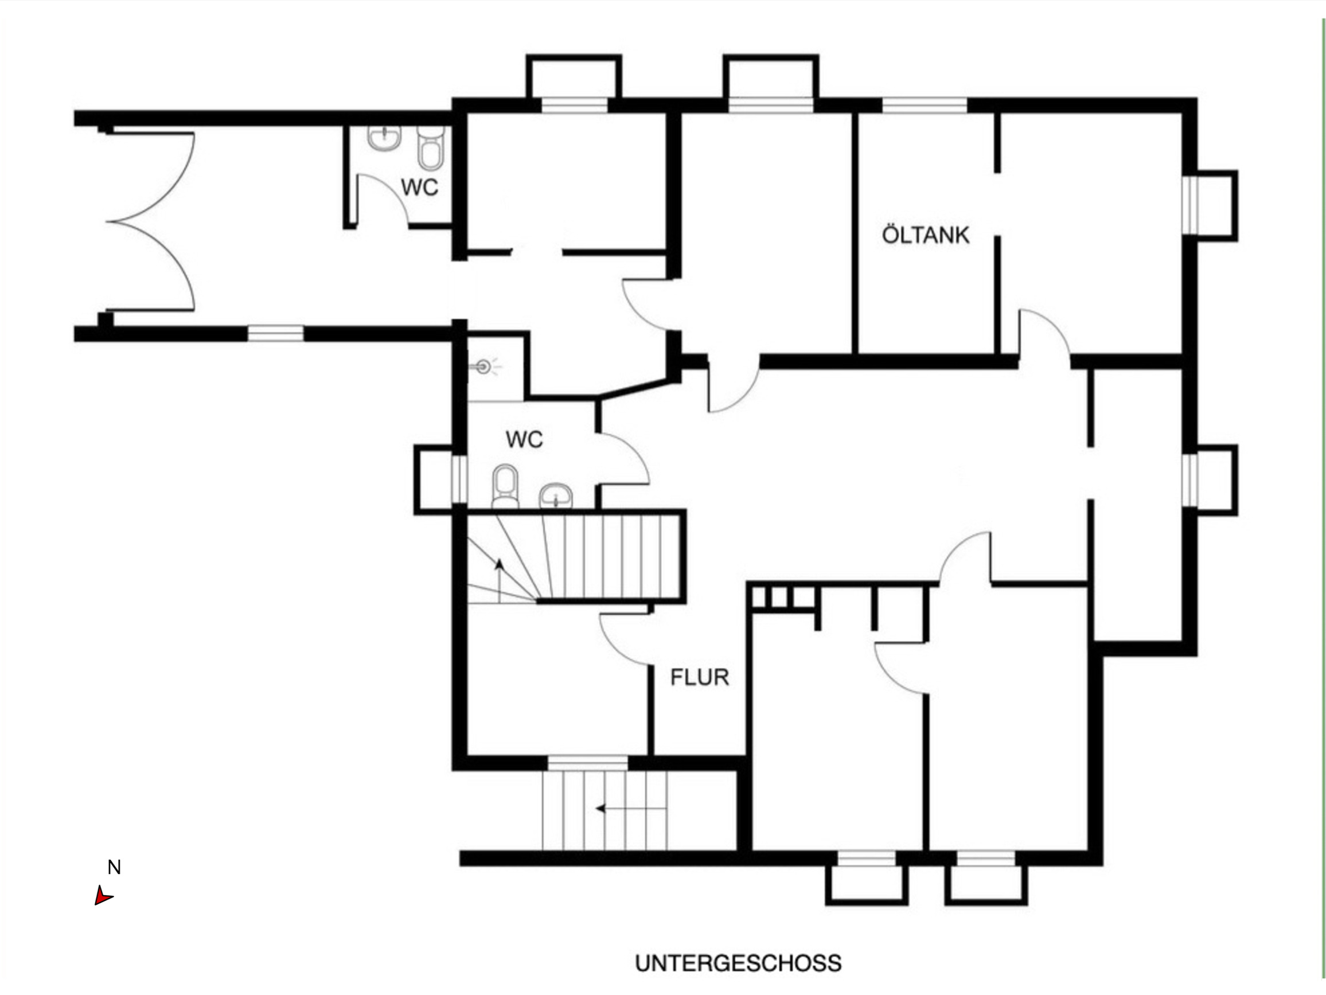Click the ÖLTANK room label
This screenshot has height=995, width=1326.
pyautogui.click(x=926, y=235)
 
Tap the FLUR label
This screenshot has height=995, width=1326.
pyautogui.click(x=700, y=677)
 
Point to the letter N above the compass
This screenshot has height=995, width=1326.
pyautogui.click(x=114, y=867)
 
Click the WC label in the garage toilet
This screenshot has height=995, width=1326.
pyautogui.click(x=420, y=188)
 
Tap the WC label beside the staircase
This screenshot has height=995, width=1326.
pyautogui.click(x=524, y=439)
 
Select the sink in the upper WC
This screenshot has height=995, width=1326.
pyautogui.click(x=384, y=138)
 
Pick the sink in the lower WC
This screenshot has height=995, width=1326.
pyautogui.click(x=556, y=496)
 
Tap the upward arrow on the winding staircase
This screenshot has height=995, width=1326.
pyautogui.click(x=499, y=580)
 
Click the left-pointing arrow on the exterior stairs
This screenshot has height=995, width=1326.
pyautogui.click(x=631, y=808)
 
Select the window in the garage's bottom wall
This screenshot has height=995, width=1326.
pyautogui.click(x=276, y=333)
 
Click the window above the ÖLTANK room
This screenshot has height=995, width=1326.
pyautogui.click(x=925, y=105)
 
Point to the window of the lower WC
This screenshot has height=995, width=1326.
pyautogui.click(x=459, y=479)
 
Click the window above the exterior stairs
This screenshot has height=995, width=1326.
pyautogui.click(x=587, y=762)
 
